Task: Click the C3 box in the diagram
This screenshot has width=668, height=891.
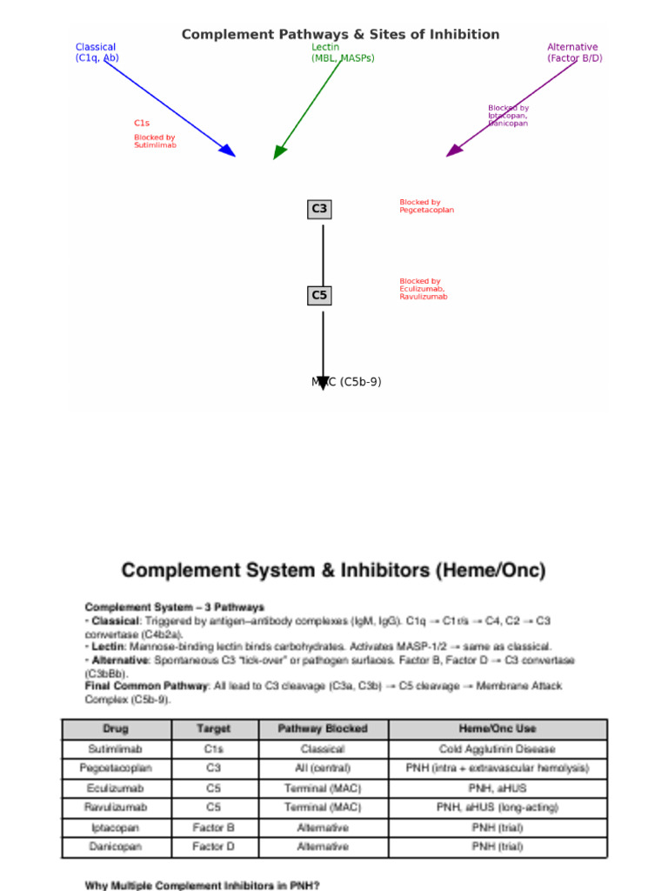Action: tap(319, 209)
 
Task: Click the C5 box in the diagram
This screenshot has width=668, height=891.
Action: tap(319, 296)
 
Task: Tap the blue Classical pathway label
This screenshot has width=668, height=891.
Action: tap(96, 52)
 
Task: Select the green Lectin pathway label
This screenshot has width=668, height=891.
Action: tap(343, 52)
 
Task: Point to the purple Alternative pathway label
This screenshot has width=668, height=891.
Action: tap(574, 52)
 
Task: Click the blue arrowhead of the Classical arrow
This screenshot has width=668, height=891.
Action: tap(228, 151)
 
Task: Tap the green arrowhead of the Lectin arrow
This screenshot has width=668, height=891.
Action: tap(279, 152)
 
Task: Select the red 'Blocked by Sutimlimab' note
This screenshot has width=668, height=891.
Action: tap(155, 141)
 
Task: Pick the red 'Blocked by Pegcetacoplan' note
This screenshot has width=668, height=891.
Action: tap(426, 206)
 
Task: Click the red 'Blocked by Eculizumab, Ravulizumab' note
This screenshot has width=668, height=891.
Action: tap(424, 289)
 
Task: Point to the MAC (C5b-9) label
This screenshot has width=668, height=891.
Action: tap(346, 382)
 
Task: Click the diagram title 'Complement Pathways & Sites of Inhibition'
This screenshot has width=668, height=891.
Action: tap(340, 35)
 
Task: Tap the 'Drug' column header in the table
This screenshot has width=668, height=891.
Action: tap(116, 729)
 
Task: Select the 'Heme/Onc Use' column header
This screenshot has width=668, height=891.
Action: tap(498, 729)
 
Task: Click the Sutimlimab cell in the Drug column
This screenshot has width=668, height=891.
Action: tap(116, 748)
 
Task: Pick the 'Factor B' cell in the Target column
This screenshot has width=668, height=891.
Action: tap(214, 827)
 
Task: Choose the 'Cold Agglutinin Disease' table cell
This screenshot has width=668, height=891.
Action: tap(498, 748)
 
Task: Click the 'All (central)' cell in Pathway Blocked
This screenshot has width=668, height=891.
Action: tap(323, 768)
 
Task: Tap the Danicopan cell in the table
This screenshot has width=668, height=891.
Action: tap(116, 847)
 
